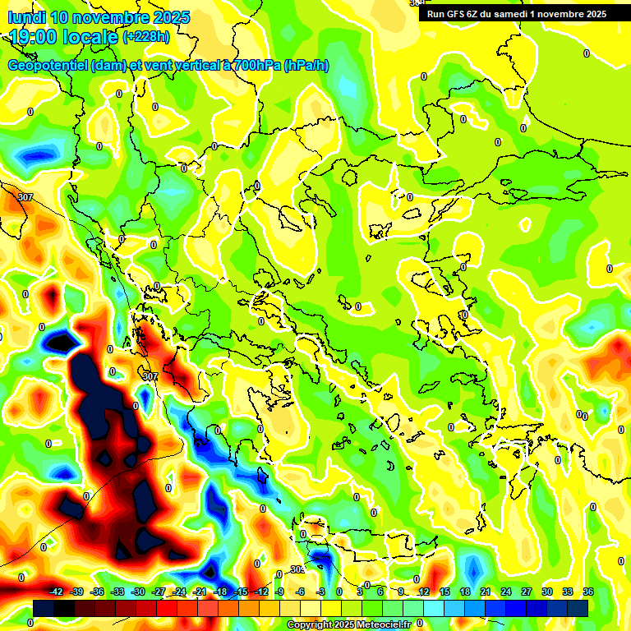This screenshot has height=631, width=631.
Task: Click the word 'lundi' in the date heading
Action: [26, 17]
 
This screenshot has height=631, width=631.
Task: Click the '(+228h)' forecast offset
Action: [145, 36]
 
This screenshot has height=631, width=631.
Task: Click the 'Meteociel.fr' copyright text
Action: [380, 624]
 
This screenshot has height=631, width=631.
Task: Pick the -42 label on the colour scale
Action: [57, 592]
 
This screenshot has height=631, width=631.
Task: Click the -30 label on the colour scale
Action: [138, 592]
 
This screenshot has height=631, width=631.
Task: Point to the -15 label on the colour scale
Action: [241, 592]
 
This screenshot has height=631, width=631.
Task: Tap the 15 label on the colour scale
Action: [444, 592]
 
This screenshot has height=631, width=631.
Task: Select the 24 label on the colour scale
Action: [506, 592]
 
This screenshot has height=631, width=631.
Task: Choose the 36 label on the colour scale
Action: [588, 592]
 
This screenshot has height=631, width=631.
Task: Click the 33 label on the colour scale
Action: [568, 592]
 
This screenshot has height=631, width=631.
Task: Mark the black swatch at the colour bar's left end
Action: [44, 608]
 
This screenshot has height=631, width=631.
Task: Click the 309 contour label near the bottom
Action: [297, 569]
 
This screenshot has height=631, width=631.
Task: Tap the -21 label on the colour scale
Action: [200, 592]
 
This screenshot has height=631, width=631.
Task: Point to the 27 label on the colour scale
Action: [527, 592]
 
